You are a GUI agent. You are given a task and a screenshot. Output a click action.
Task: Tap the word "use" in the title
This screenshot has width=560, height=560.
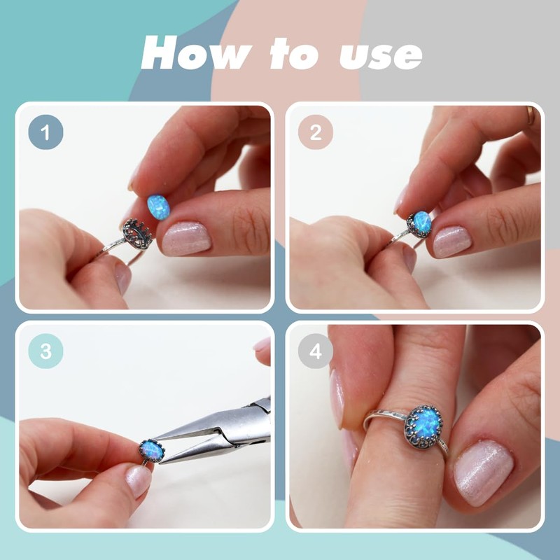click(381, 56)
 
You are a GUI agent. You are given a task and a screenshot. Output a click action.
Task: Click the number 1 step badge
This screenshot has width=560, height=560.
click(45, 132)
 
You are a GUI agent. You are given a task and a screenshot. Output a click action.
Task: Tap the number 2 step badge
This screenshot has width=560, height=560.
click(316, 132)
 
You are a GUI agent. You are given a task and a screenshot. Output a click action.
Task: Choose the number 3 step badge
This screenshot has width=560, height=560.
click(45, 351)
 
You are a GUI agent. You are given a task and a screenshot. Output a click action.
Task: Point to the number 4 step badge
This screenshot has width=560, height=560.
click(316, 351)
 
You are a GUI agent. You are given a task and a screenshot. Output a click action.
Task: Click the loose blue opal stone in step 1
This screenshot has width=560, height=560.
click(158, 207)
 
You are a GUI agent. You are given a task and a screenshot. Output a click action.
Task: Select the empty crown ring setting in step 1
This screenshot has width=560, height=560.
click(137, 234)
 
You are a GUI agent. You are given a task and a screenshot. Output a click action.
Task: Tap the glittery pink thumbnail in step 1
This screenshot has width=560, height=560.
click(186, 239)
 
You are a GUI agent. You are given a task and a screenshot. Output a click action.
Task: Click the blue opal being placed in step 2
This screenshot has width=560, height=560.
click(421, 222)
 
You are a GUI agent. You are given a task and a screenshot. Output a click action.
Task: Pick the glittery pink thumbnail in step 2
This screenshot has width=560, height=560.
click(452, 241)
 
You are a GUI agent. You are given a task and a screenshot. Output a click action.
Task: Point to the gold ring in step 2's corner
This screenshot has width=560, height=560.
click(531, 115)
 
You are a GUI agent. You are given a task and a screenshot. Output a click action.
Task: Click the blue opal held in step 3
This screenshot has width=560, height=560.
click(153, 451)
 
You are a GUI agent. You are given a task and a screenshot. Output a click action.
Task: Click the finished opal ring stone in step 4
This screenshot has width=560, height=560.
click(423, 424)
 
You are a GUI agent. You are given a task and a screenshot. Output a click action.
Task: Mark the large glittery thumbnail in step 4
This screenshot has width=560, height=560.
click(484, 472)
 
